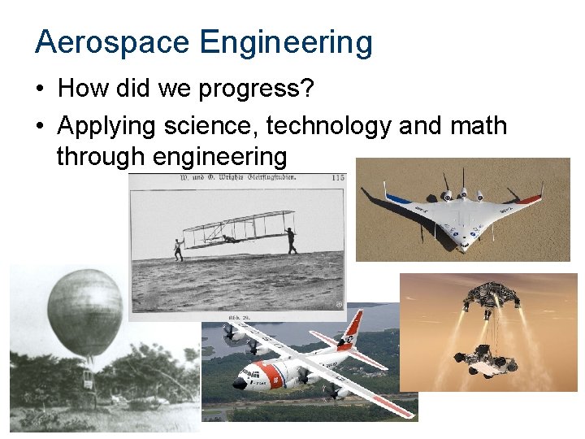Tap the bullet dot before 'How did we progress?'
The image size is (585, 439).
tap(41, 89)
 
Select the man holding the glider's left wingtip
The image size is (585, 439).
tap(178, 249)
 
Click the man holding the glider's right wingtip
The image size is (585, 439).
tap(291, 241)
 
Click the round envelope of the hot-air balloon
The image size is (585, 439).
tap(84, 312)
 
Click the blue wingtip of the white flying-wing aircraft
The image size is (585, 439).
tap(396, 198)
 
